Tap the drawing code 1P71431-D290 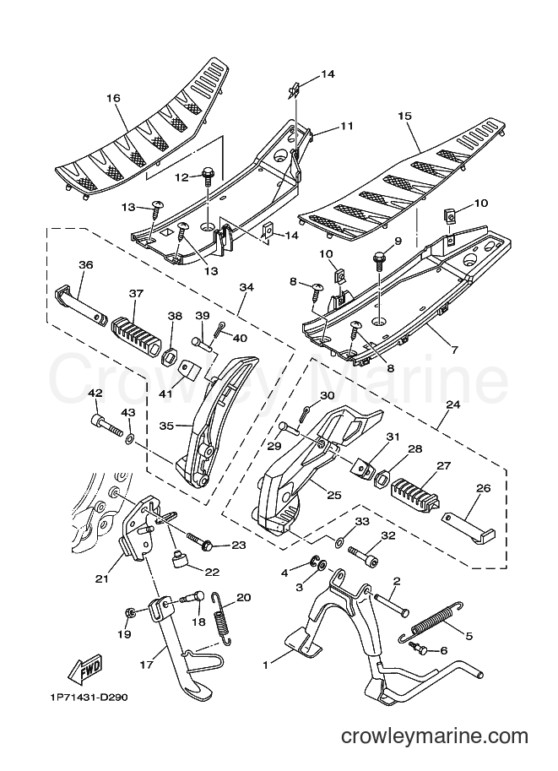(88, 698)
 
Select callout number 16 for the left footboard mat (114, 98)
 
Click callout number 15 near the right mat (405, 116)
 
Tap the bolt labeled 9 (380, 261)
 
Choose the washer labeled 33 (339, 542)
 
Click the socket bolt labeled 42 (106, 426)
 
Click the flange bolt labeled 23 (200, 540)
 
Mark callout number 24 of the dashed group (452, 405)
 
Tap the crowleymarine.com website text (435, 736)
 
